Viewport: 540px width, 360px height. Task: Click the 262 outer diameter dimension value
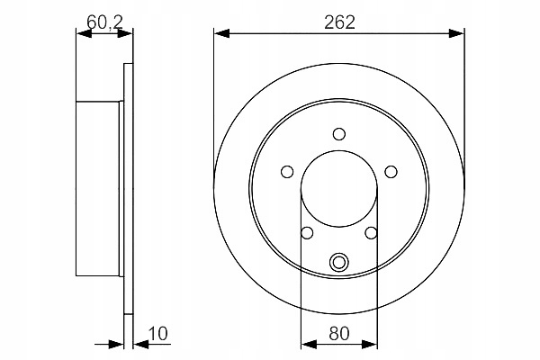[x=338, y=22]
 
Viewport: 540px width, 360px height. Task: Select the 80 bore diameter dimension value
[x=339, y=332]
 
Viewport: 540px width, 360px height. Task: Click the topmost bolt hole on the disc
[x=339, y=135]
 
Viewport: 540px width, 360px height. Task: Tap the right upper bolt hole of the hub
[x=391, y=172]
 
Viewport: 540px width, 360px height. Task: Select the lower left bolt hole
[x=307, y=233]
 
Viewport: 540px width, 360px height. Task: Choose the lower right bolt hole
[x=371, y=233]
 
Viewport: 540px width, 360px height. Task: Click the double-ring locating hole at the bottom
[x=339, y=263]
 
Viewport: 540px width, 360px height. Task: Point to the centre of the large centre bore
[x=339, y=190]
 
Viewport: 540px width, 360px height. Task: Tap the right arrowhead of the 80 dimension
[x=371, y=344]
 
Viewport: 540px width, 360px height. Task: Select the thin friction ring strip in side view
[x=128, y=190]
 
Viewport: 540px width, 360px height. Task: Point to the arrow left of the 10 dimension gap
[x=116, y=344]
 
